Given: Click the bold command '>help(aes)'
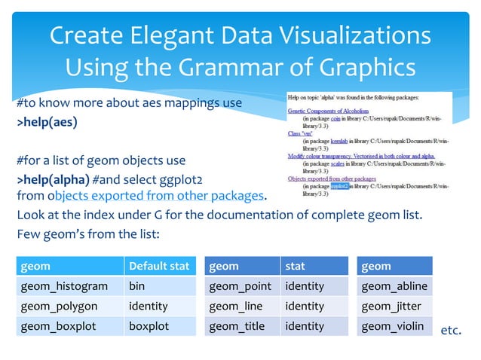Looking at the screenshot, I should click(x=47, y=122).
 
